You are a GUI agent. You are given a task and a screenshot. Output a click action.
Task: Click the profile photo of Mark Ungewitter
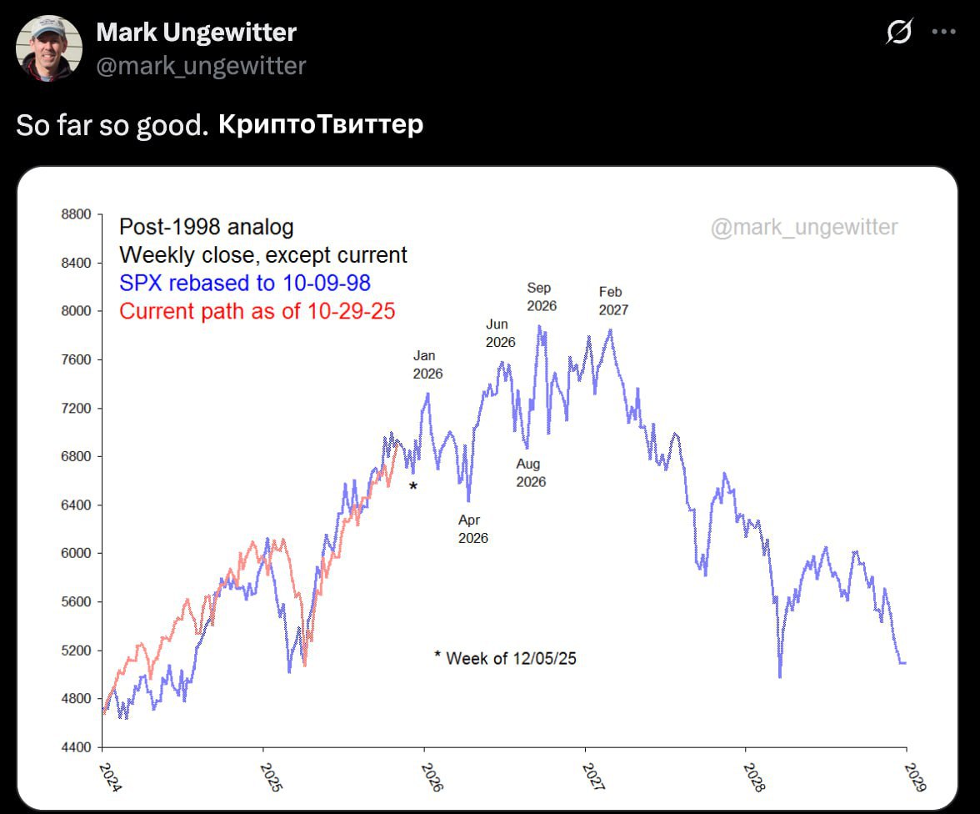[49, 48]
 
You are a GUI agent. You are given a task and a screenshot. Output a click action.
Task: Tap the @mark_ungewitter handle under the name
[201, 66]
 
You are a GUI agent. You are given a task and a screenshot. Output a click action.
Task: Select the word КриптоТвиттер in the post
[321, 125]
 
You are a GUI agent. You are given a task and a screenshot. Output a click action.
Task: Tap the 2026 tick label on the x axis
[432, 776]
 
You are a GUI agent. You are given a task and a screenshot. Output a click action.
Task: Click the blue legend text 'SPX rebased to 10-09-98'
[245, 284]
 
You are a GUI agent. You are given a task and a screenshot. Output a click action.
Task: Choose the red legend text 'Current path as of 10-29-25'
[257, 311]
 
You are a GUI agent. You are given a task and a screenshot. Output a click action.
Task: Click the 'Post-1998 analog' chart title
[206, 227]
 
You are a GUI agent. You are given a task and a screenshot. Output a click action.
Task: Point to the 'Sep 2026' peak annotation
[541, 297]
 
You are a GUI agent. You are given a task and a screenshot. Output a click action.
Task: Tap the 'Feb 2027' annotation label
[612, 301]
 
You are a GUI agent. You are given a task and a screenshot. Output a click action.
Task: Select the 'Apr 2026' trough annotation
[472, 529]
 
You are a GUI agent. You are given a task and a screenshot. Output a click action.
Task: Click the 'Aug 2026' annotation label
[530, 473]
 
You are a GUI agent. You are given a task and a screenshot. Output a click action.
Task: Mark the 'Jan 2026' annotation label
[427, 364]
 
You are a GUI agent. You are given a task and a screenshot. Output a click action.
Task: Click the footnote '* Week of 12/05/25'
[505, 658]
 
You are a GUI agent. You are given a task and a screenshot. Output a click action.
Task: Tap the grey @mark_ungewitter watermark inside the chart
[803, 227]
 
